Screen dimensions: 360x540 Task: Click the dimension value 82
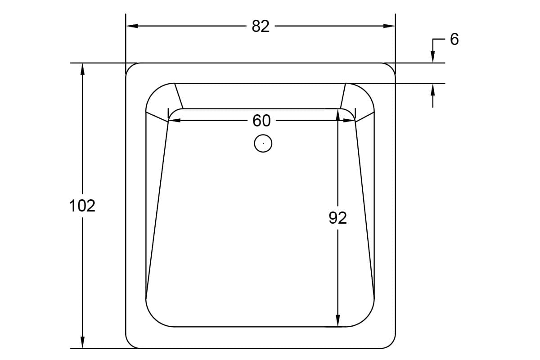[261, 27]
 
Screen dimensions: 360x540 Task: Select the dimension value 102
[82, 206]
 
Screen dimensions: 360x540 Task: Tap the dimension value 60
[261, 121]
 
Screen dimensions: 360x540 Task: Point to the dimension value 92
[337, 218]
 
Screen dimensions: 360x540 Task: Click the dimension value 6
[454, 40]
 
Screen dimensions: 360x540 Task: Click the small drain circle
[263, 144]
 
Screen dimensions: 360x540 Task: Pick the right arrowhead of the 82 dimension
[389, 26]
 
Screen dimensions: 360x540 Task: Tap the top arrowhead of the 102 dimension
[82, 69]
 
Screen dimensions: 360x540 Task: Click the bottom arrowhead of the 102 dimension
[82, 342]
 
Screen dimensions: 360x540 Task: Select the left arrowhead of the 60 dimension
[174, 121]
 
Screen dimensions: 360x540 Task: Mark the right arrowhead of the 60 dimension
[349, 121]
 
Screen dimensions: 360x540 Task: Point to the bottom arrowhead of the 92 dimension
[337, 321]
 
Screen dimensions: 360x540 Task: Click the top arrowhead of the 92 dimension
[337, 114]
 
